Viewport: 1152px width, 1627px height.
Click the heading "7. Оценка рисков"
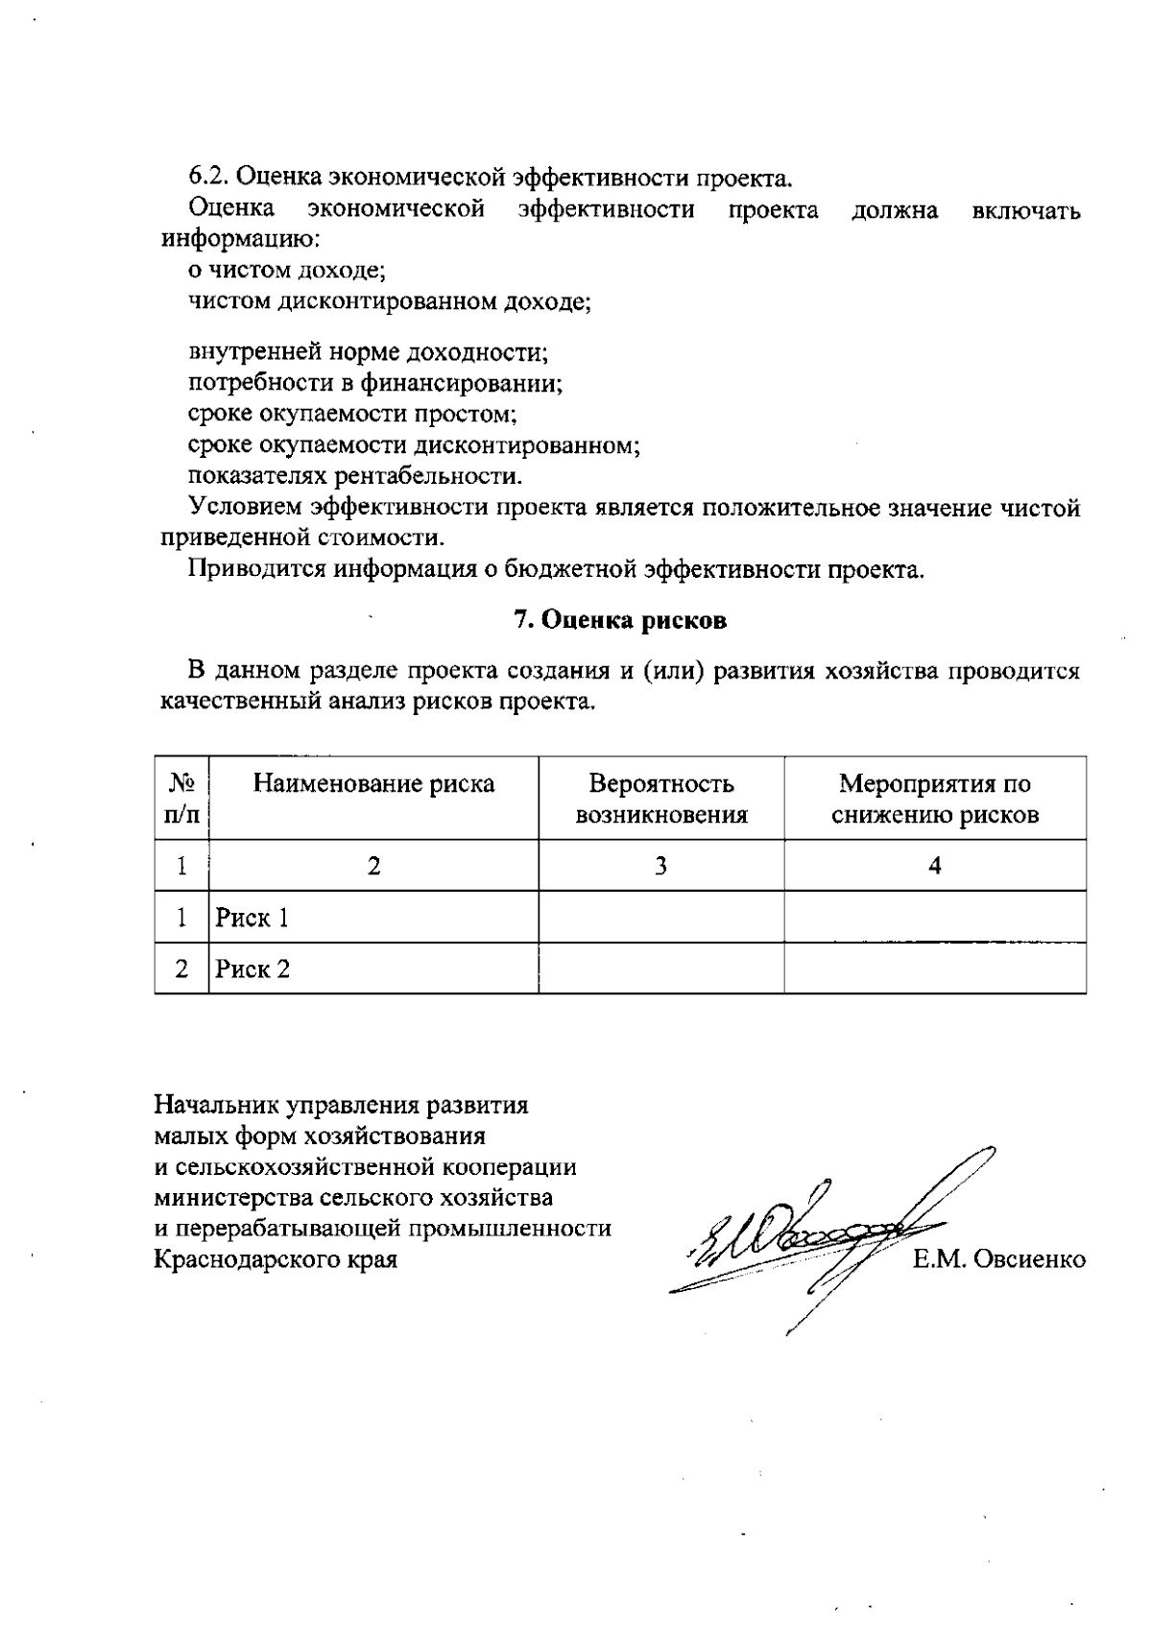pyautogui.click(x=620, y=620)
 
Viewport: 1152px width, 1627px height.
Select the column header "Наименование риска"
pyautogui.click(x=373, y=784)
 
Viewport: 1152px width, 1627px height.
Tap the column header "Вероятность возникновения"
pyautogui.click(x=660, y=800)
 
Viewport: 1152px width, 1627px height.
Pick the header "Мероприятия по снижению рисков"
pyautogui.click(x=934, y=800)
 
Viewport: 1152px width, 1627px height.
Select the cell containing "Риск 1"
pyautogui.click(x=252, y=919)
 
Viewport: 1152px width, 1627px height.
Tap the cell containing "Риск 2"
pyautogui.click(x=252, y=969)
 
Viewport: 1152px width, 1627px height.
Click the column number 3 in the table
pyautogui.click(x=660, y=867)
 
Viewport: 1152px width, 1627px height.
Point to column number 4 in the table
pyautogui.click(x=934, y=867)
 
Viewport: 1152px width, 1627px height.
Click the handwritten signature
pyautogui.click(x=816, y=1238)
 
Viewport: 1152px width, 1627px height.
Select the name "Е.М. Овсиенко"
pyautogui.click(x=999, y=1259)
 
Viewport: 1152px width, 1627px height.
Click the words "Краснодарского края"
pyautogui.click(x=276, y=1259)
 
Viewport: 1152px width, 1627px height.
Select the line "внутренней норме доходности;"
pyautogui.click(x=368, y=352)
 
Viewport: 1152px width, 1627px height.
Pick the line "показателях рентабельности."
pyautogui.click(x=355, y=476)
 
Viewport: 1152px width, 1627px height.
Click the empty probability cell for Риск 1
pyautogui.click(x=660, y=918)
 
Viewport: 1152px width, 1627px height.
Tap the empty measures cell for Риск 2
pyautogui.click(x=934, y=969)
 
